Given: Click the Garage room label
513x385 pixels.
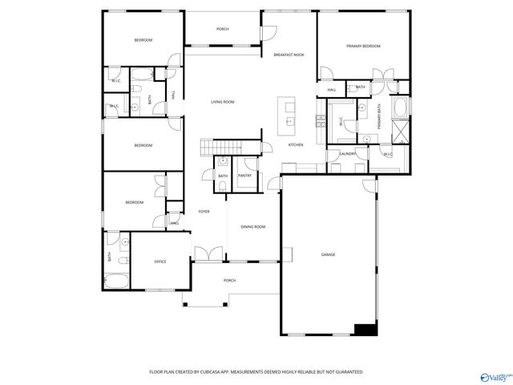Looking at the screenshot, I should tap(328, 254).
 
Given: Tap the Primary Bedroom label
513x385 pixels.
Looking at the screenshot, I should tap(363, 47).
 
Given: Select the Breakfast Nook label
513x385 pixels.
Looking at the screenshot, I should tap(289, 55).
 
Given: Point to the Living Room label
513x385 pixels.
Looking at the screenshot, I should tap(222, 102).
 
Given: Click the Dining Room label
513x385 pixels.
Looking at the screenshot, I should tap(253, 227).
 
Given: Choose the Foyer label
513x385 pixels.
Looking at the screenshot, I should tap(204, 211).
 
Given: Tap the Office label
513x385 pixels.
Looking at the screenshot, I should tap(160, 261).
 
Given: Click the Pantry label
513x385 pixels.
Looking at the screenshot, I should tap(244, 176).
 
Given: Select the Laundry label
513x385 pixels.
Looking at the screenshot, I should tap(347, 153).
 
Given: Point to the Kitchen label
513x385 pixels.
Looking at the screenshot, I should tap(295, 145).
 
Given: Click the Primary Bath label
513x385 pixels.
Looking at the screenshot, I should tap(379, 116).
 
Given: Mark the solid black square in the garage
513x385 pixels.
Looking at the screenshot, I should tap(366, 329).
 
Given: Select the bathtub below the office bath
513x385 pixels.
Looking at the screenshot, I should tap(117, 282).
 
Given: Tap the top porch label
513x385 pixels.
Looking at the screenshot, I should tap(222, 29).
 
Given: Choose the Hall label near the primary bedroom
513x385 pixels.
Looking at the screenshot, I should tap(331, 90).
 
